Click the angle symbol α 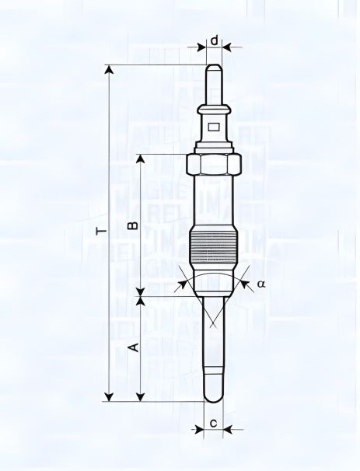coord(261,284)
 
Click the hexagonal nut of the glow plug coord(214,166)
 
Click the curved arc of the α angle coord(214,277)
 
